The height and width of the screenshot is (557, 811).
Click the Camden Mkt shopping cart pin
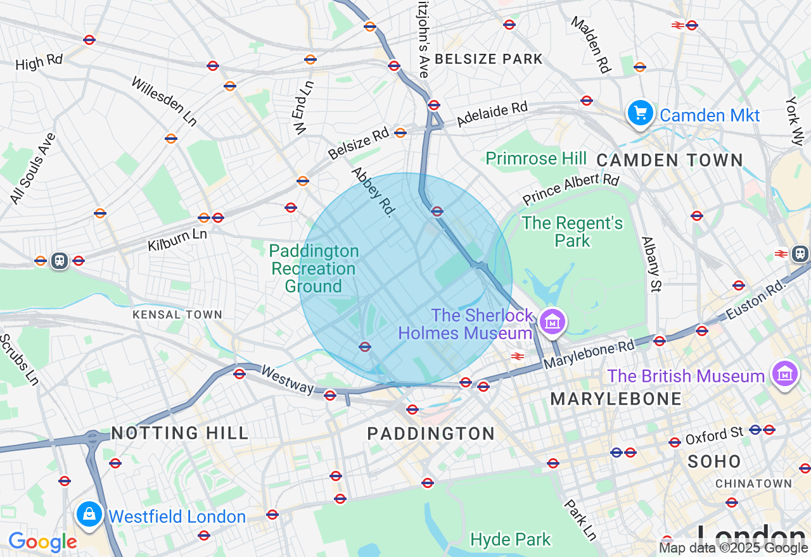pyautogui.click(x=640, y=113)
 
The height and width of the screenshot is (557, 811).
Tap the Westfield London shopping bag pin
pyautogui.click(x=89, y=514)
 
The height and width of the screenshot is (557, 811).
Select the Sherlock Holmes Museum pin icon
pyautogui.click(x=552, y=322)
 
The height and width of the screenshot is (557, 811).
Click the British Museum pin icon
pyautogui.click(x=785, y=373)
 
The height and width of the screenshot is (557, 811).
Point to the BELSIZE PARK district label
pyautogui.click(x=489, y=59)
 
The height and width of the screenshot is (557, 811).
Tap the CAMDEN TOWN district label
pyautogui.click(x=670, y=160)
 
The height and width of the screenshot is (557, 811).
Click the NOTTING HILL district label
pyautogui.click(x=180, y=433)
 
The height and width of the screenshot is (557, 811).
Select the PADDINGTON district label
pyautogui.click(x=431, y=434)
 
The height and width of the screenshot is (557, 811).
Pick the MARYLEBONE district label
pyautogui.click(x=616, y=399)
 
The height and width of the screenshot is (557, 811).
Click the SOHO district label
pyautogui.click(x=714, y=461)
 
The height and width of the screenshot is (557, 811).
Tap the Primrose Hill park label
pyautogui.click(x=536, y=158)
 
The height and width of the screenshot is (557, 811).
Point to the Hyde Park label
pyautogui.click(x=511, y=539)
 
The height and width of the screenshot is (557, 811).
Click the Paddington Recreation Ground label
pyautogui.click(x=314, y=269)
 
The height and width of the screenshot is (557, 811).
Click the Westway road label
pyautogui.click(x=287, y=379)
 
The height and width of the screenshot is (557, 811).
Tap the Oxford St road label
pyautogui.click(x=714, y=435)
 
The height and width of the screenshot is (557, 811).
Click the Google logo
pyautogui.click(x=42, y=542)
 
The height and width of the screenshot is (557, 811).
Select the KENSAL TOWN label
pyautogui.click(x=177, y=315)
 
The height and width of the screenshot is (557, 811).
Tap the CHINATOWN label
pyautogui.click(x=753, y=484)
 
